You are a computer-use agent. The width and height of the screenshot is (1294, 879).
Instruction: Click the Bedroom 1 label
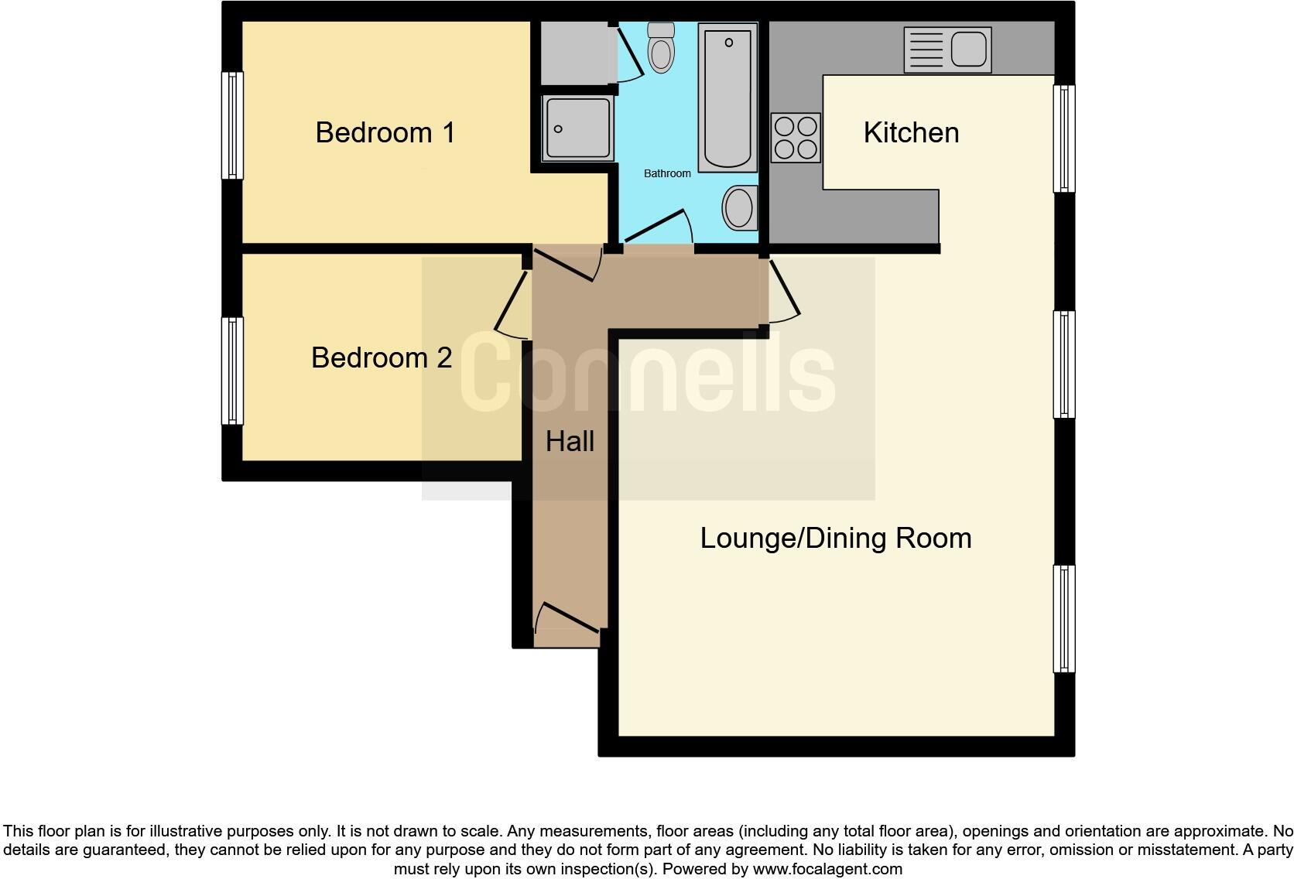[385, 132]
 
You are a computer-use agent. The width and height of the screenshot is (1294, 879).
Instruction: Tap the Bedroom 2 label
[381, 357]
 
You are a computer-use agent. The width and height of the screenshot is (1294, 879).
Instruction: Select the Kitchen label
[911, 132]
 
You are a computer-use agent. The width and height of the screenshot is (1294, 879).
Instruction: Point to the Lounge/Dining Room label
[835, 538]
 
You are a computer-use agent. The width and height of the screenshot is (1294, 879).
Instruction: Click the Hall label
[570, 441]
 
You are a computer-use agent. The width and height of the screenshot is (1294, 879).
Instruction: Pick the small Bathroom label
[667, 173]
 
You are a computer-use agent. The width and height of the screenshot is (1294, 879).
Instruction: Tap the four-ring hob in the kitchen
[796, 138]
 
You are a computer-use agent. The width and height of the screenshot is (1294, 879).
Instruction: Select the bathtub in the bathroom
[727, 97]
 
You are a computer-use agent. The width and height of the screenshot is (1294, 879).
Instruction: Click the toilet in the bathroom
[660, 47]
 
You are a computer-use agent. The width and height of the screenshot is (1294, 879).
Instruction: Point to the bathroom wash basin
[739, 207]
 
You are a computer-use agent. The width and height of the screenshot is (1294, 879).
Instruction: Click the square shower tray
[577, 128]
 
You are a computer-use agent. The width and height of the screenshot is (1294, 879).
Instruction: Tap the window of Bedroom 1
[232, 125]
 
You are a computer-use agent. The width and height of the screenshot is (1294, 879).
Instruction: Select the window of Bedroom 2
[232, 371]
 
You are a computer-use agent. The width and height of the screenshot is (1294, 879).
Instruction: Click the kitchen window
[1064, 138]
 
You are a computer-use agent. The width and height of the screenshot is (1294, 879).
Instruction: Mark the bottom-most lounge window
[1064, 618]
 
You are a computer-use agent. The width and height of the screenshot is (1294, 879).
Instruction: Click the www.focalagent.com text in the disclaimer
[827, 869]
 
